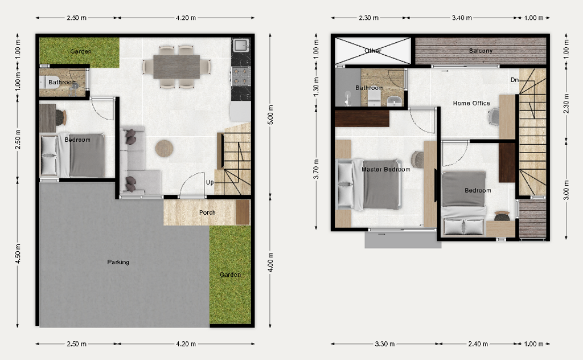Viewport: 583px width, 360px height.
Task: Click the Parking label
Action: tap(118, 262)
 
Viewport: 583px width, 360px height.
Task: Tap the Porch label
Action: tap(207, 212)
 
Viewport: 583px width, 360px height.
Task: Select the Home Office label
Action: tap(471, 103)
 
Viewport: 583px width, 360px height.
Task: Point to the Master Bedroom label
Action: tap(385, 169)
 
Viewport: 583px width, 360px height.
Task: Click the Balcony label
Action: tap(481, 51)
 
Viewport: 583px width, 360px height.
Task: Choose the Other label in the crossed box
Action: tap(373, 51)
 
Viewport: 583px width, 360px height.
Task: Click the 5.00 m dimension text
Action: tap(270, 114)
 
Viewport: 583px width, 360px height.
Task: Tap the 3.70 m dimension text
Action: tap(316, 169)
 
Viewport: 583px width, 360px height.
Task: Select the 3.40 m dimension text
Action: tap(462, 18)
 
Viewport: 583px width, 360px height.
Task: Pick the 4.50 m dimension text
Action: tap(18, 253)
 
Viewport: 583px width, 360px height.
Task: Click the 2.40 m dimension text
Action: tap(478, 344)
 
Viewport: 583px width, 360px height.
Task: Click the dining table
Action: tap(176, 67)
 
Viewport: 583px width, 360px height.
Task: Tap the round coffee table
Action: tap(165, 149)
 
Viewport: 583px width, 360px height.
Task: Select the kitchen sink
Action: tap(241, 46)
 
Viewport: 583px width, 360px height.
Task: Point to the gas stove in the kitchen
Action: tap(241, 76)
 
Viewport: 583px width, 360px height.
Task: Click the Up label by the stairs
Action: tap(210, 182)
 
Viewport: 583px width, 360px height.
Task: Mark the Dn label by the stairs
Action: tap(515, 80)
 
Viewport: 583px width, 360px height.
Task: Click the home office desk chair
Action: tap(494, 117)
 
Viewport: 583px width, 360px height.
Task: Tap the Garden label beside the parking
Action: tap(230, 275)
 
